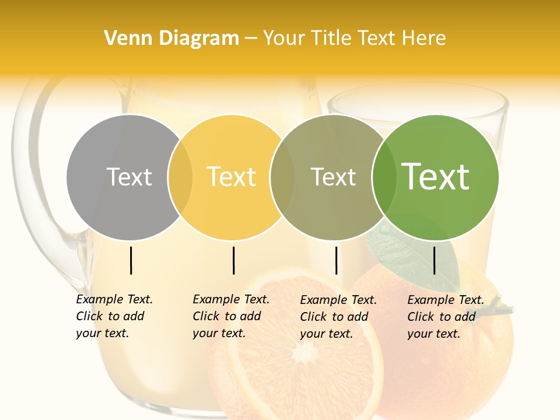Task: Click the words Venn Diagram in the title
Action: tap(171, 38)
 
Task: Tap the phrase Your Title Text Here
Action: tap(355, 38)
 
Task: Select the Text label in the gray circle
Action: tap(129, 177)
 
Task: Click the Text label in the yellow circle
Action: tap(232, 177)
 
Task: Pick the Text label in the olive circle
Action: tap(334, 177)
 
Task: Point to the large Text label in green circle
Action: tap(436, 177)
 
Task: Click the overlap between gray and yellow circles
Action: tap(180, 177)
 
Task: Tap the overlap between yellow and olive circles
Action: tap(282, 177)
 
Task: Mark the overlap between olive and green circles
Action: tap(382, 177)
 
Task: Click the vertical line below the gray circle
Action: tap(131, 260)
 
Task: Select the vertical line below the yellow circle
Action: tap(233, 260)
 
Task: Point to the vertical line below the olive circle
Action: tap(337, 260)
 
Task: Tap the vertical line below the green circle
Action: tap(435, 260)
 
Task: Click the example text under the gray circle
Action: tap(114, 316)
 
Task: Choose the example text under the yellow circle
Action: tap(230, 316)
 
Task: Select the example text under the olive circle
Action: tap(338, 317)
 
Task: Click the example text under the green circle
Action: tap(445, 317)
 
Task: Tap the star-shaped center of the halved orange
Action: tap(303, 352)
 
